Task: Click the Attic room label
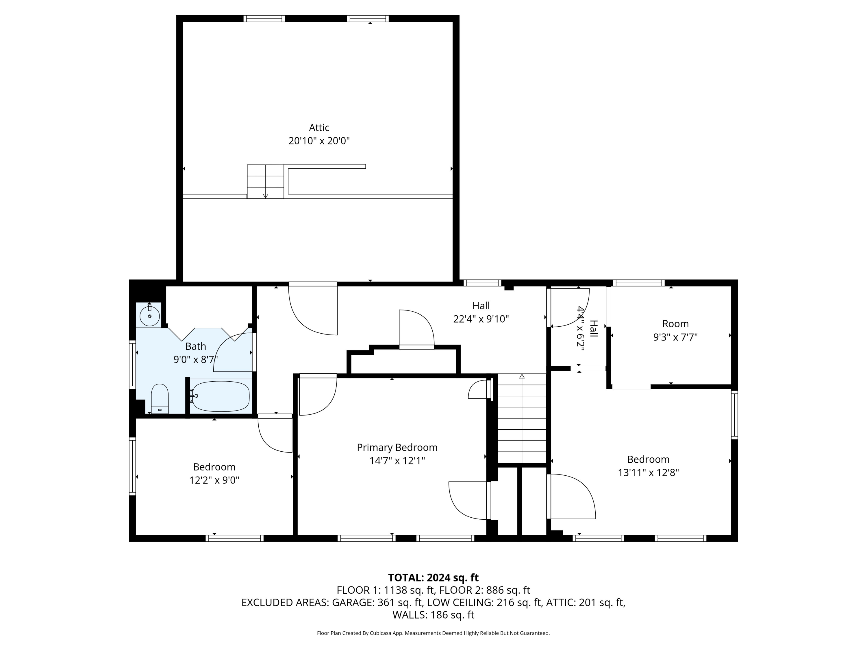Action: (319, 128)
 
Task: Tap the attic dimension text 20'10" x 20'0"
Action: (319, 141)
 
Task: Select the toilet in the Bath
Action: (160, 398)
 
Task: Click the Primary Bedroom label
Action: (397, 447)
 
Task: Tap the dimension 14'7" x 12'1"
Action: (397, 461)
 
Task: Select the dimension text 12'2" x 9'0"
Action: (214, 480)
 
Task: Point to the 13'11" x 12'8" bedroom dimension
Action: (648, 472)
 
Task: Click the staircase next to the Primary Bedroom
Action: (522, 418)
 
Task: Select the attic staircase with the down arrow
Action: (265, 181)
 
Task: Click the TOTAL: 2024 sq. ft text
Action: (433, 578)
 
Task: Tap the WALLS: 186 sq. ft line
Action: (433, 615)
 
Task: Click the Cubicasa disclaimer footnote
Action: (433, 633)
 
